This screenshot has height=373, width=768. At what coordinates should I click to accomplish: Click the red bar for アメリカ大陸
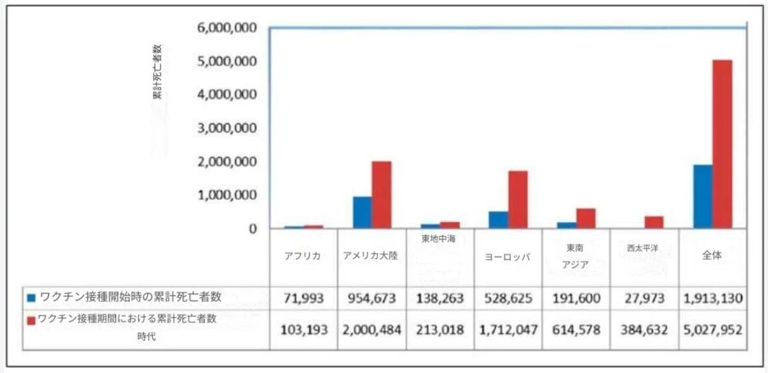pos(381,195)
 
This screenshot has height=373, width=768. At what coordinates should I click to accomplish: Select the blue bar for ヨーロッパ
pos(498,220)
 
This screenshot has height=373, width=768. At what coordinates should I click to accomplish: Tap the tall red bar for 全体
pos(722,145)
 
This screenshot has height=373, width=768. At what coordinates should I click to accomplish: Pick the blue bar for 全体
pos(702,197)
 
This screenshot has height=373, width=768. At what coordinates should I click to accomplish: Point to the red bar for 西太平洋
pos(654,223)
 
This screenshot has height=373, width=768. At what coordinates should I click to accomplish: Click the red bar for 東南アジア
pos(586,219)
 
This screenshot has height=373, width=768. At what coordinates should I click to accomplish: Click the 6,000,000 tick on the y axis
pos(228,28)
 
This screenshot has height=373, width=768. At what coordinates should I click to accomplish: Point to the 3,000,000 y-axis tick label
pos(228,128)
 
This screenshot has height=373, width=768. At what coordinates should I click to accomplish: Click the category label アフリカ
pos(303,257)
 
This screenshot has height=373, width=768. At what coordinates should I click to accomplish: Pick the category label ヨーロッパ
pos(508,257)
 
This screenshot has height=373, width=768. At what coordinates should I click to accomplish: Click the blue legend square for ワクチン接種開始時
pos(32,297)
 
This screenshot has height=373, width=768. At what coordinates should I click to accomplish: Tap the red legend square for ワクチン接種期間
pos(32,320)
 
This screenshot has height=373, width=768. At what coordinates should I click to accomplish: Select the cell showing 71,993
pos(303,298)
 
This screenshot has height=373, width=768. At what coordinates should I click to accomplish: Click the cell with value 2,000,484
pos(372,330)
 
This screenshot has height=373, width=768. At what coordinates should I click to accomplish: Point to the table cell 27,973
pos(645,298)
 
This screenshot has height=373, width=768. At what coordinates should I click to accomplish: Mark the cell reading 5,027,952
pos(713,330)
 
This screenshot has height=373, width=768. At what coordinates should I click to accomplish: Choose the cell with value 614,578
pos(576,330)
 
